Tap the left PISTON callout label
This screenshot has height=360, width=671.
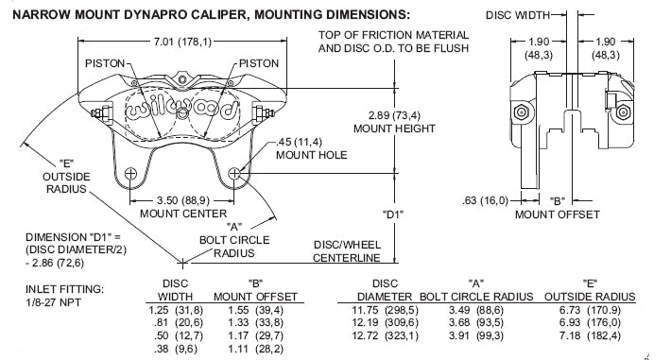coord(104,63)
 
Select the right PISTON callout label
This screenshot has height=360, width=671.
coord(259,63)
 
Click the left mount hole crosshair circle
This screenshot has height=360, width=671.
coord(130,173)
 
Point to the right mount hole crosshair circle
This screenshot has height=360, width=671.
coord(234,173)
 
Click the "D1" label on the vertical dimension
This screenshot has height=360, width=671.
coord(393,214)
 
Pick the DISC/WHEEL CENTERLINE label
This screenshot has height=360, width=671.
coord(347,251)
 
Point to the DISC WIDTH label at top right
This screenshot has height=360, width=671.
coord(518,15)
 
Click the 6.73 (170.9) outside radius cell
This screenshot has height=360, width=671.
coord(590,310)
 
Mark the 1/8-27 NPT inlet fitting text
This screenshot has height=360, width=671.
coord(54,302)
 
